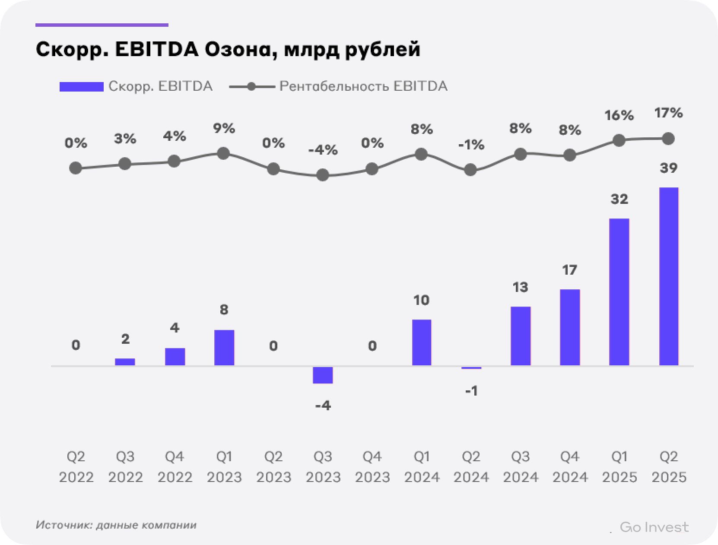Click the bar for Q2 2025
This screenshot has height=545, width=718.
click(668, 276)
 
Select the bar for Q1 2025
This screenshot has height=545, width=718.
click(619, 292)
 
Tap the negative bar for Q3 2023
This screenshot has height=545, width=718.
click(323, 375)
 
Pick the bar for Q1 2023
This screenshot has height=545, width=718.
click(224, 348)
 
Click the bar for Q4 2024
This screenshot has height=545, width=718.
click(570, 327)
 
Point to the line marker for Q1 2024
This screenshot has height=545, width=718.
click(421, 154)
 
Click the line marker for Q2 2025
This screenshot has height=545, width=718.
click(668, 139)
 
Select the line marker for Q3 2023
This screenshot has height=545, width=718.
click(323, 175)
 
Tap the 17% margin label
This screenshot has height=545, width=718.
click(668, 114)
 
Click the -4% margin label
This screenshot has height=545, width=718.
click(323, 150)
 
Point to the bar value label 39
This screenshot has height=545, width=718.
click(668, 168)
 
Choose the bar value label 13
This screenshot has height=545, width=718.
click(521, 287)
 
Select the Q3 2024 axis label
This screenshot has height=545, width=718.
click(521, 467)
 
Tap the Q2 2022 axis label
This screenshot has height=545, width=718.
click(76, 467)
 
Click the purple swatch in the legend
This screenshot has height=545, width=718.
click(82, 87)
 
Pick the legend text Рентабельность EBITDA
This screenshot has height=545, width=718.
click(363, 86)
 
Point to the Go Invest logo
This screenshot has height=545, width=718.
click(654, 527)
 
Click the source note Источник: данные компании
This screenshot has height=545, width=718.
click(116, 525)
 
